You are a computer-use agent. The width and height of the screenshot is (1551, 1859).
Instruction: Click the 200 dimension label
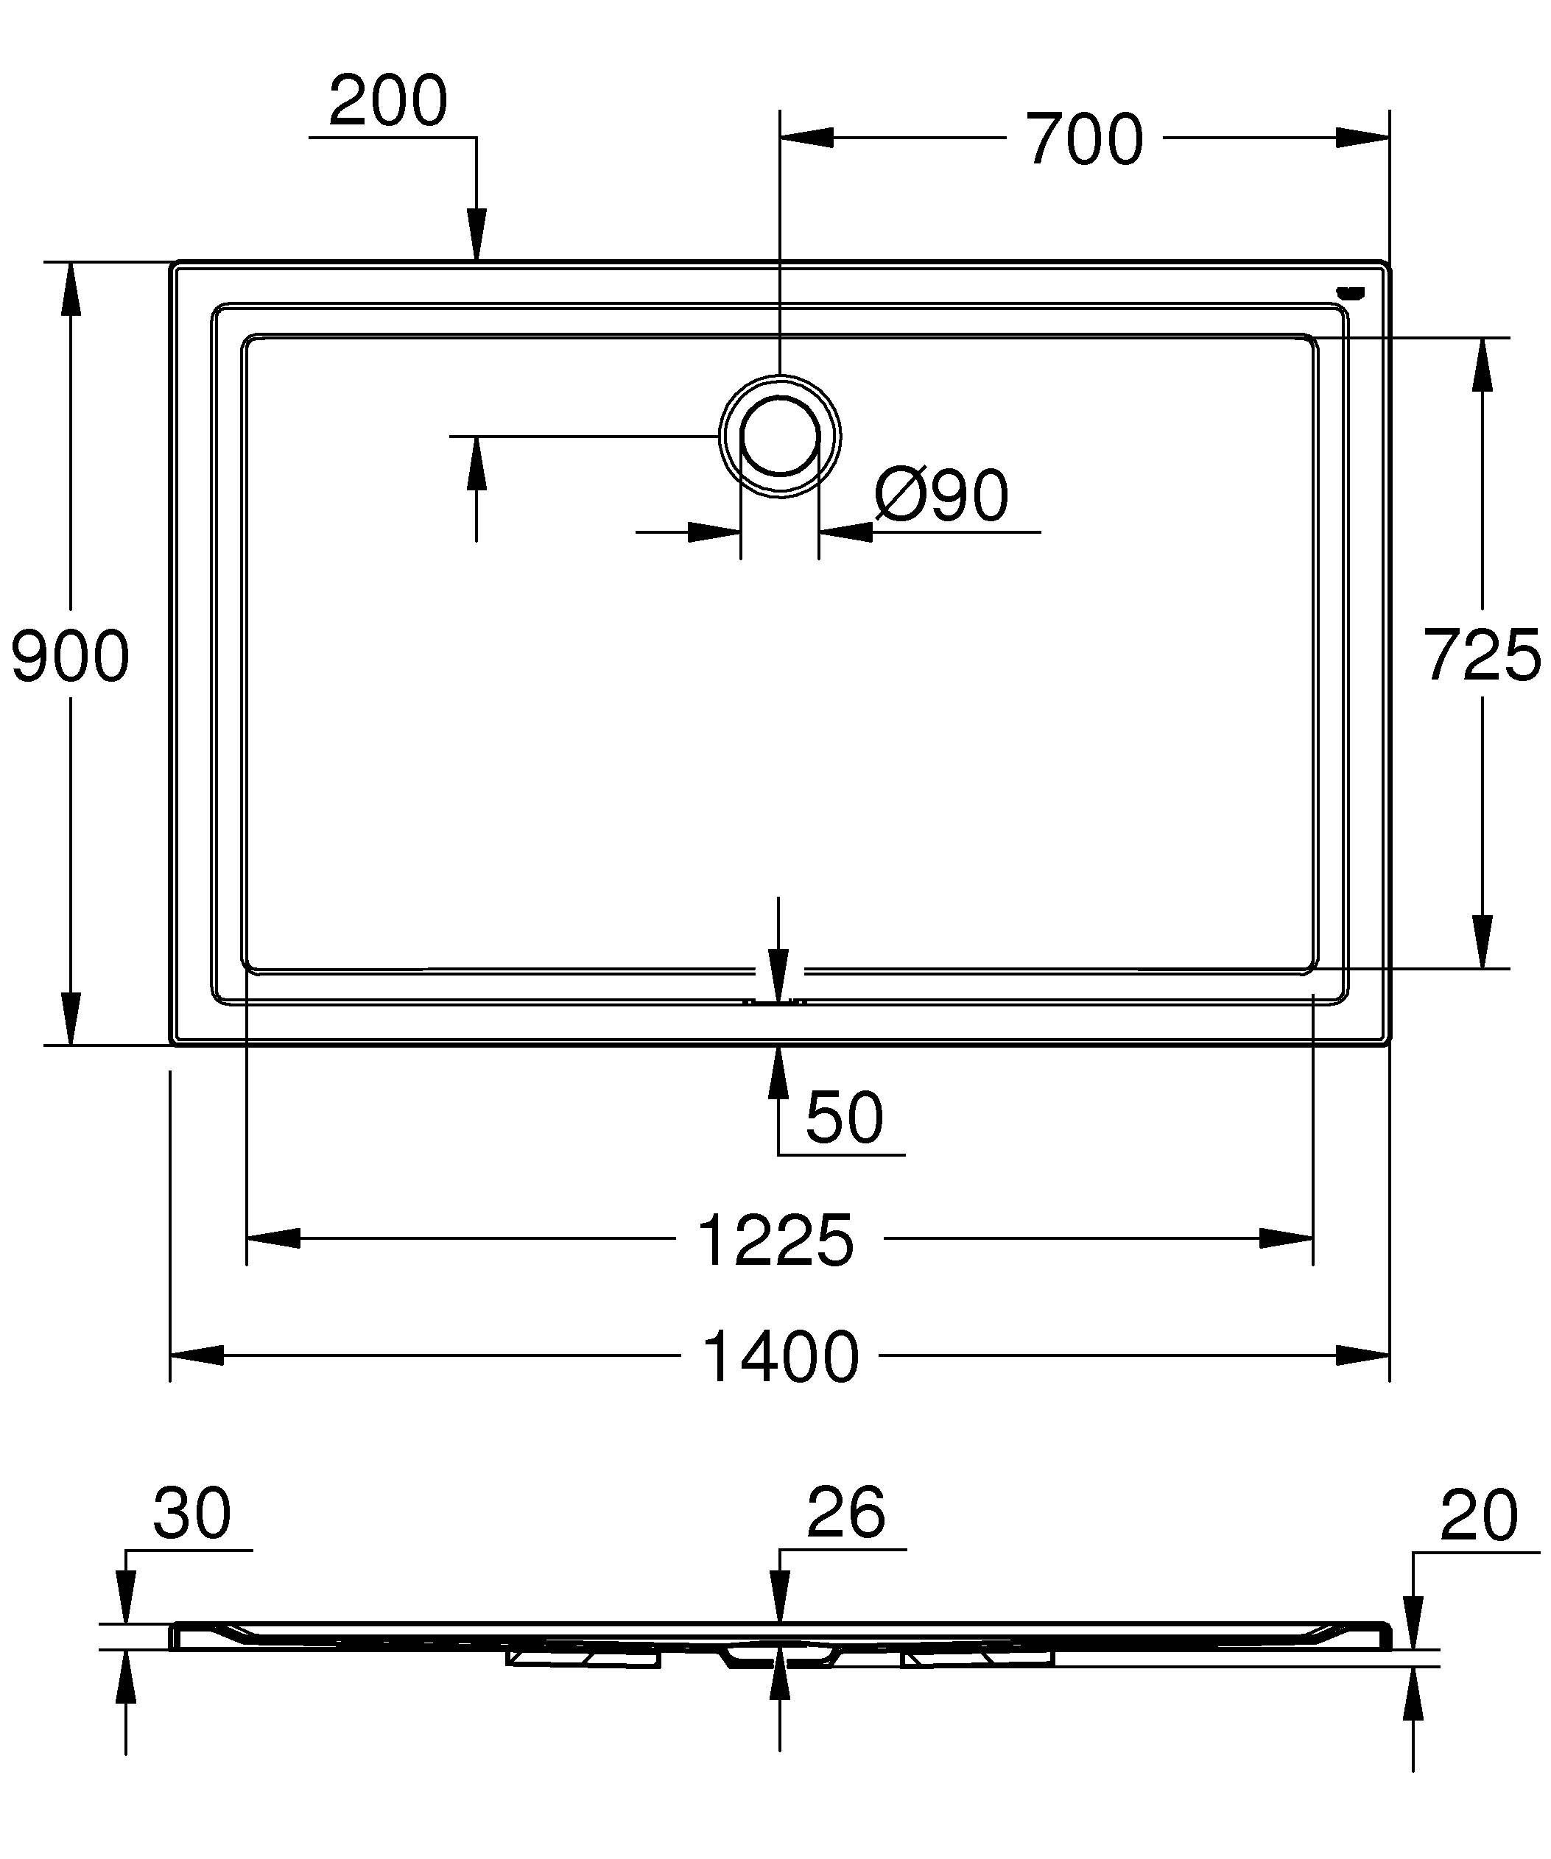(x=387, y=101)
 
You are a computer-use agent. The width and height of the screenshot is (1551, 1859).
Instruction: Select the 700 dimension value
(x=1086, y=140)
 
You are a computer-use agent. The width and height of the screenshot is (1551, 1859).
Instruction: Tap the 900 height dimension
(x=70, y=656)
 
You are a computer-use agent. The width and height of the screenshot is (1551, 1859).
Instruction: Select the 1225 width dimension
(x=775, y=1241)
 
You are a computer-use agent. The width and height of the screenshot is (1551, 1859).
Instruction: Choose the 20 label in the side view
(x=1478, y=1515)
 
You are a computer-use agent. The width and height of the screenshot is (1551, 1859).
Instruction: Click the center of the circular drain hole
(x=779, y=437)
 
